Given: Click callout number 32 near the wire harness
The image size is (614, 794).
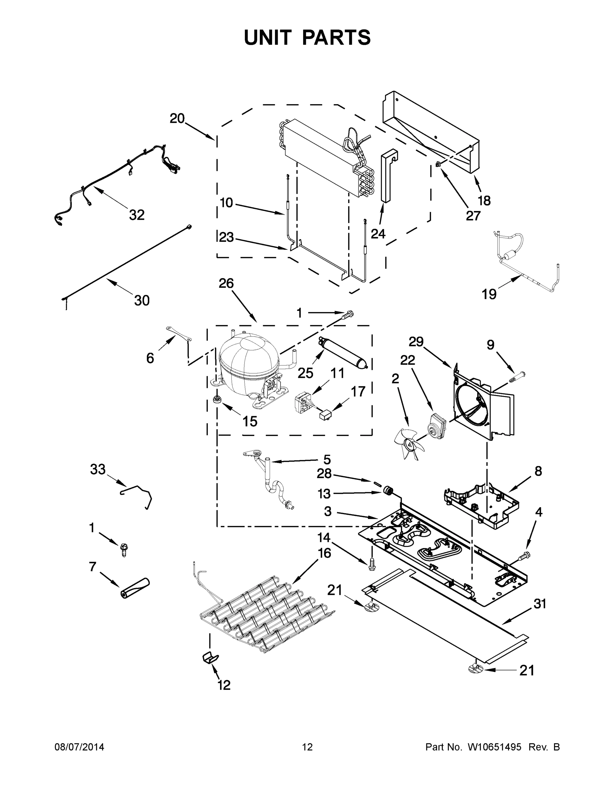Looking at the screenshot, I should [x=137, y=215].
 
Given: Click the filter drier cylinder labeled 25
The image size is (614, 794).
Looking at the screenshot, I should [x=343, y=352].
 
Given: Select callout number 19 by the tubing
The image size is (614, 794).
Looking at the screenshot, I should [x=489, y=294].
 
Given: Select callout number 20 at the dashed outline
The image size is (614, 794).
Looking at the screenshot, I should [x=177, y=118].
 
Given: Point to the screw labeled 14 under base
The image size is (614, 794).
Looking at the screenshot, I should [x=372, y=564].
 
